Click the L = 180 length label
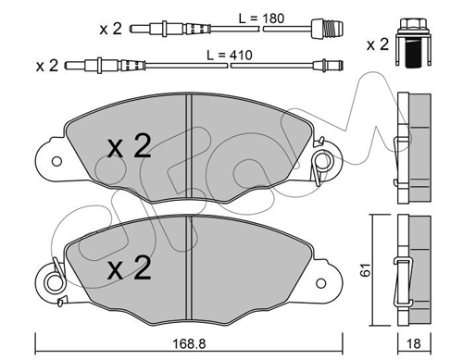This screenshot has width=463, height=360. coord(261,19)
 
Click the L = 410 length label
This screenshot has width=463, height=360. coord(230,56)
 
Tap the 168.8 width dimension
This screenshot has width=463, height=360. coord(189,344)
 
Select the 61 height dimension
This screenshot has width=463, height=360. coord(366,269)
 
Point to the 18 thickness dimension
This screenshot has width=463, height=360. coord(414,344)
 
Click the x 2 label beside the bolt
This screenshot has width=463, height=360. coord(378,44)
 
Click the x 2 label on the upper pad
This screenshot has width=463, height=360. coord(130,146)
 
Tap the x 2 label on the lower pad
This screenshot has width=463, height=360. coord(130,267)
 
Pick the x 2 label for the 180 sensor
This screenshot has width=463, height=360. coord(111,29)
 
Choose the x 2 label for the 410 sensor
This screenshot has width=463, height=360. coord(47,66)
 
